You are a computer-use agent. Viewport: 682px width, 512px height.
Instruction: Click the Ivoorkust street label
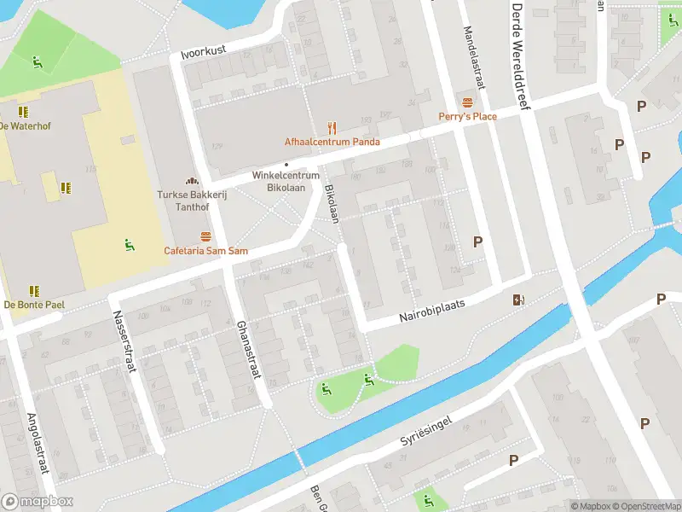click(x=204, y=52)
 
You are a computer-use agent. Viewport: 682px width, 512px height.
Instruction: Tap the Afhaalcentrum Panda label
click(x=332, y=142)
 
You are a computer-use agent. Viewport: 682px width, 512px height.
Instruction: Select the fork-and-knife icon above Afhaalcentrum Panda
click(x=332, y=128)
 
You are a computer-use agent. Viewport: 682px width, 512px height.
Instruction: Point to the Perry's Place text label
click(x=467, y=116)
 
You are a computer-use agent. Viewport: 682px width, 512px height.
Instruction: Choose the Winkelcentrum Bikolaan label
click(x=286, y=181)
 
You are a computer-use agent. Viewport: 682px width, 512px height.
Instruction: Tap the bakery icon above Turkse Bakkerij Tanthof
click(x=192, y=181)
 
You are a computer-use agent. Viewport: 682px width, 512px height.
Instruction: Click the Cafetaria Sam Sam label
click(x=205, y=251)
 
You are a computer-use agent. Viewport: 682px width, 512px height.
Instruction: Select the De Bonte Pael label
click(x=33, y=304)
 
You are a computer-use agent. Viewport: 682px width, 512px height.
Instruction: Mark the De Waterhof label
click(x=26, y=125)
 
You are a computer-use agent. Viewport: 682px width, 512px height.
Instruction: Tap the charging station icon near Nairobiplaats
click(x=517, y=299)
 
